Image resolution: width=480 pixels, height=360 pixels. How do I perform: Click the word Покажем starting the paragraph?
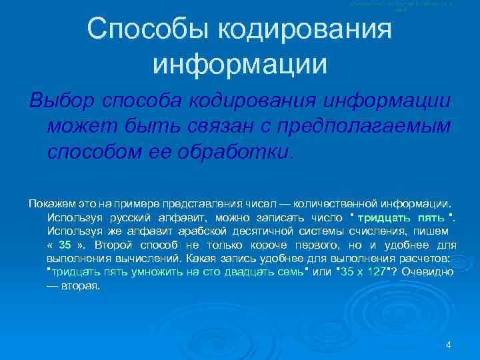[51, 202]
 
